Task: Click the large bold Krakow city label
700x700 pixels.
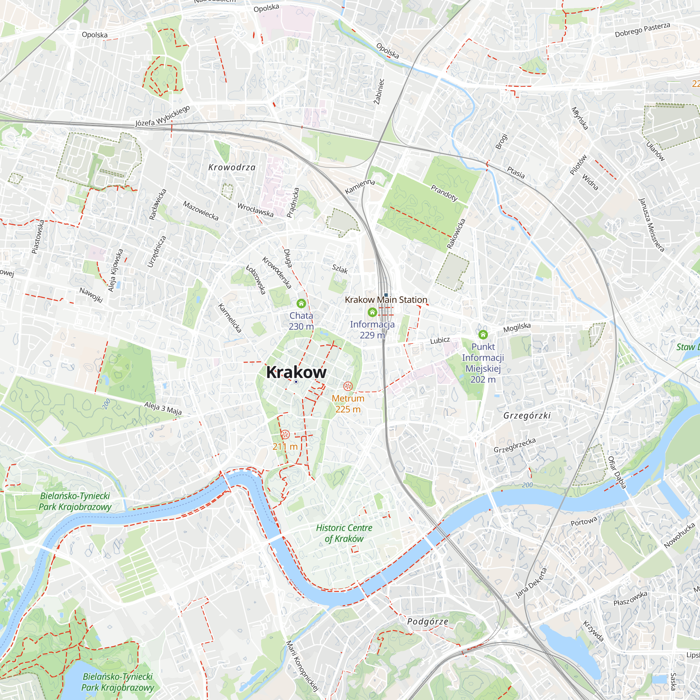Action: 296,372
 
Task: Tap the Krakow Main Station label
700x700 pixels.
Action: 386,300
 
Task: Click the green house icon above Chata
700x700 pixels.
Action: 301,303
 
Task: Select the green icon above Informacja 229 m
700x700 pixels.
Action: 372,312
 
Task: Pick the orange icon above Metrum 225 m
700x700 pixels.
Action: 348,387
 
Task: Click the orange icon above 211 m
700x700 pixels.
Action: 285,434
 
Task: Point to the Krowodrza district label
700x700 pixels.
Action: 232,167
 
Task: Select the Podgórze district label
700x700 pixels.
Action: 428,622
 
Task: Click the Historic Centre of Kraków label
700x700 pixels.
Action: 344,533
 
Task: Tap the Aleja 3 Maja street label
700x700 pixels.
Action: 163,408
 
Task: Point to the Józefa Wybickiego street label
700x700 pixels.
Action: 163,116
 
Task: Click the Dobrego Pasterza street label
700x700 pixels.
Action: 642,30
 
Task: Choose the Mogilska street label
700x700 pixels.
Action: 517,328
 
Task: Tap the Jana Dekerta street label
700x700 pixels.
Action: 531,583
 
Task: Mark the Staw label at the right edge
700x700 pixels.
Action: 687,347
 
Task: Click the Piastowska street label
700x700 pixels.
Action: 38,237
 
